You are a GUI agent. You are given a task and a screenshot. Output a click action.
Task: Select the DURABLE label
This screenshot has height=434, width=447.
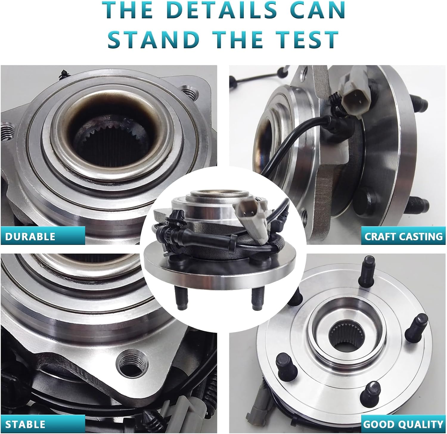coord(30,237)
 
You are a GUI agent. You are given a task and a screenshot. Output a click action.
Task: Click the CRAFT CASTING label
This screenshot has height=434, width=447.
coord(403,237)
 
